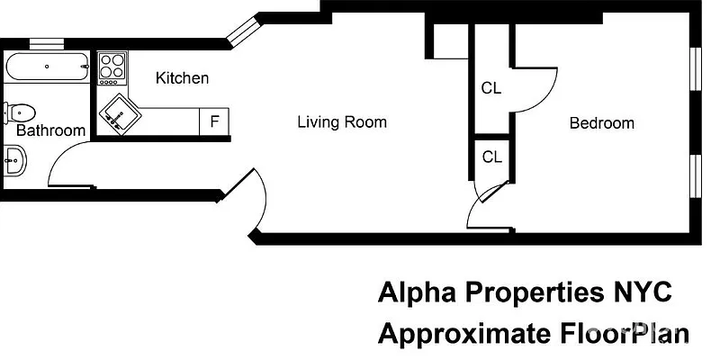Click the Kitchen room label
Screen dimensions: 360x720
(x=182, y=78)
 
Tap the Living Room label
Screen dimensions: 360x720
(x=342, y=122)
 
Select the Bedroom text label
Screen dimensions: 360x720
(x=601, y=123)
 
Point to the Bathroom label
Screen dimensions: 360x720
(x=51, y=130)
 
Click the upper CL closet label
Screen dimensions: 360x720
(x=490, y=88)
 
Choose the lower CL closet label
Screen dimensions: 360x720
(x=491, y=157)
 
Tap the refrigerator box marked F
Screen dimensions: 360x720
(x=214, y=121)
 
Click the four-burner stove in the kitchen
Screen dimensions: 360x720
(x=112, y=67)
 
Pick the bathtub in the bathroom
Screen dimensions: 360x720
(x=47, y=66)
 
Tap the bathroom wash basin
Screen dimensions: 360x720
(x=14, y=161)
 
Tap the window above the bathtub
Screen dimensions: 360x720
(x=45, y=41)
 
